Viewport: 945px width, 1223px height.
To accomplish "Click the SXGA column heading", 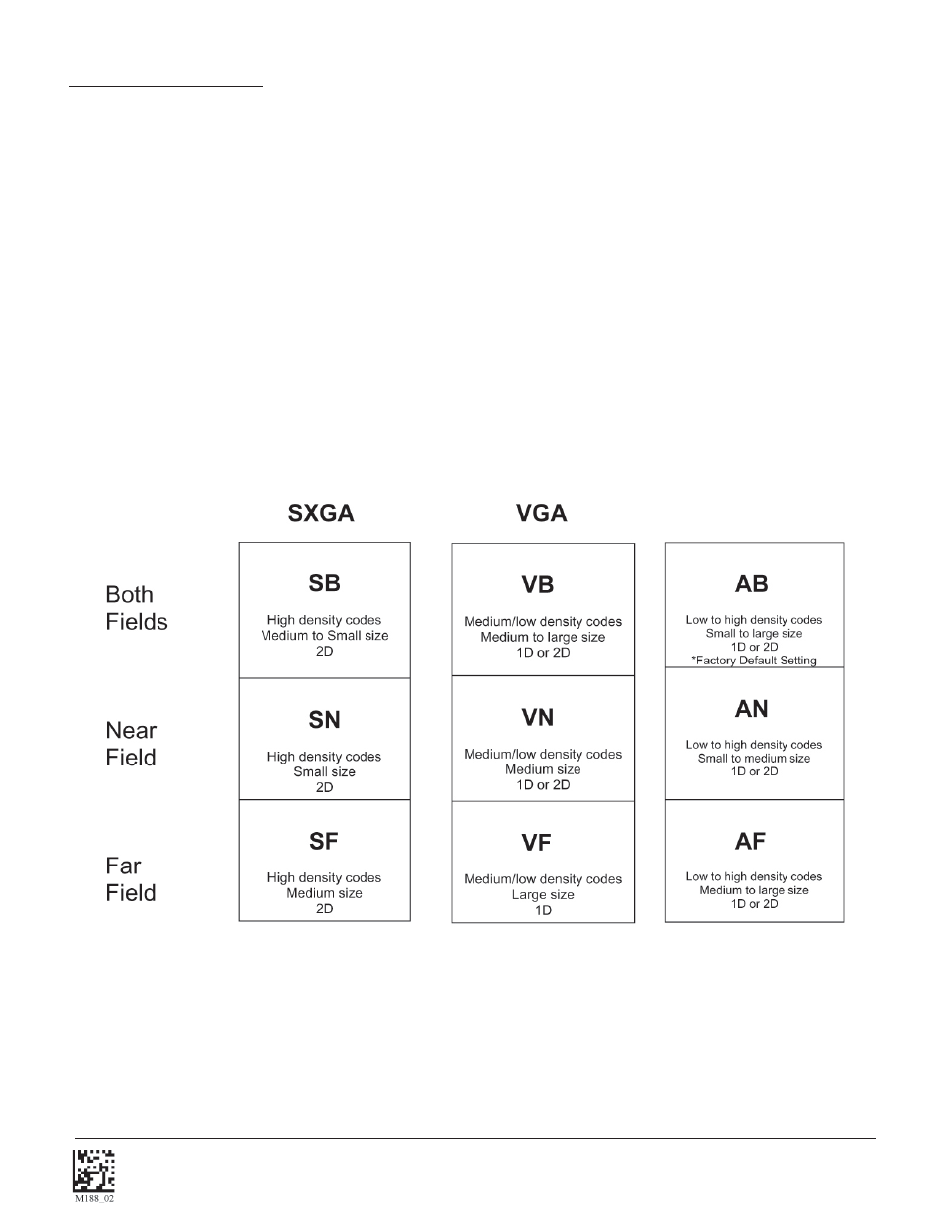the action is point(320,513).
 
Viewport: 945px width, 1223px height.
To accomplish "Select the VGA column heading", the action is point(541,513).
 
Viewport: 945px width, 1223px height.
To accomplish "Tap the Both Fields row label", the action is point(137,608).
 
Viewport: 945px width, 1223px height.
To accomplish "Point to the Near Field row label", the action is point(131,744).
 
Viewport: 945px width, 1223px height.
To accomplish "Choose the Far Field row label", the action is point(131,879).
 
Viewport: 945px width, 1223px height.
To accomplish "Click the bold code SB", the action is point(324,583).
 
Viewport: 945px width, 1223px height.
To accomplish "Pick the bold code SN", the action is point(324,720).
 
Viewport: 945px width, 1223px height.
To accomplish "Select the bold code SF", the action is point(324,841).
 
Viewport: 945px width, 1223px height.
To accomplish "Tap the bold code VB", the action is point(537,585).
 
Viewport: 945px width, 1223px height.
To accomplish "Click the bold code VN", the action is point(537,717).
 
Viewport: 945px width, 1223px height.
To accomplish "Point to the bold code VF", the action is point(537,843).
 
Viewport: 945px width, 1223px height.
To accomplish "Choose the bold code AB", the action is point(752,584).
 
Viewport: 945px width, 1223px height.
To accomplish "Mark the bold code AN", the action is point(752,709).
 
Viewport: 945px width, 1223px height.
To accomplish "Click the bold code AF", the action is point(751,841).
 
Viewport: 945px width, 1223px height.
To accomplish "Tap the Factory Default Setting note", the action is point(754,661).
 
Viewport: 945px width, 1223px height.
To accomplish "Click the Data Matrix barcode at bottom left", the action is point(94,1170).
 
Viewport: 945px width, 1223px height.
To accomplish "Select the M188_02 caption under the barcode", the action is point(95,1198).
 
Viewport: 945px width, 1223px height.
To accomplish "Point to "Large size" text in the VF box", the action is point(543,894).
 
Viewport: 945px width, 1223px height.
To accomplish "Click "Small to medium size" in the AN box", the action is point(754,759).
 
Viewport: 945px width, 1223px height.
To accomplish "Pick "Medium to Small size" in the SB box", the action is point(324,636).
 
